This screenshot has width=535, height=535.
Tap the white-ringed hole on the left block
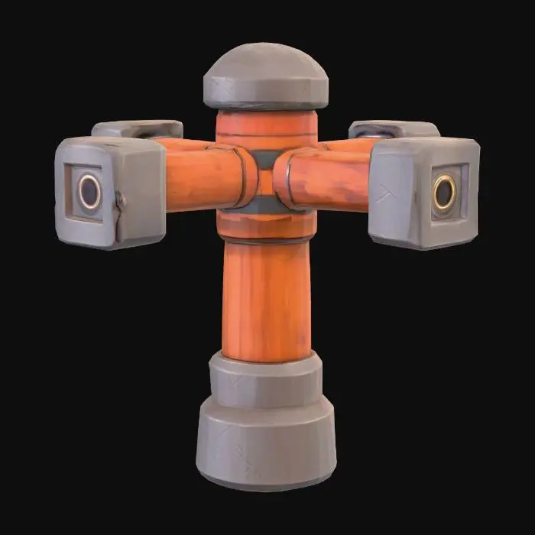pyautogui.click(x=89, y=191)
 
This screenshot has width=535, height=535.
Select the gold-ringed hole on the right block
pyautogui.click(x=444, y=192)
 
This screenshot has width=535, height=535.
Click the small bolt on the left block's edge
pyautogui.click(x=119, y=199)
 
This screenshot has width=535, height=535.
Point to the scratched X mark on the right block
pyautogui.click(x=386, y=196)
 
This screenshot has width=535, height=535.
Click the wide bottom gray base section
pyautogui.click(x=267, y=443)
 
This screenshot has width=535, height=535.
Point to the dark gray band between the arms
pyautogui.click(x=264, y=160)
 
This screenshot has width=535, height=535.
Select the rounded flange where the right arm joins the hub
pyautogui.click(x=284, y=180)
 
